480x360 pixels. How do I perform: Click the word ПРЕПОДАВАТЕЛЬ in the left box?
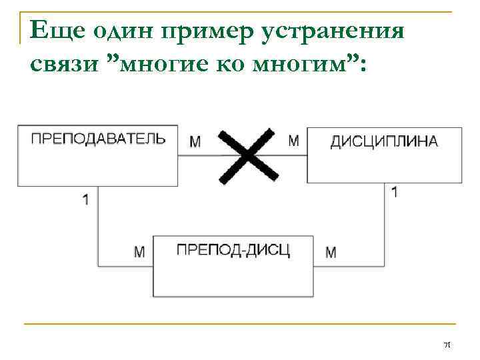(x=98, y=139)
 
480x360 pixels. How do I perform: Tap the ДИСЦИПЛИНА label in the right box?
(x=385, y=141)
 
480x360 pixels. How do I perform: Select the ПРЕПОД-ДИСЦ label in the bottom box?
(x=233, y=251)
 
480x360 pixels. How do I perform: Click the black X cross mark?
(x=248, y=155)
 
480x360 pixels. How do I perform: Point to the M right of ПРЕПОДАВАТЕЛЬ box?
(x=195, y=141)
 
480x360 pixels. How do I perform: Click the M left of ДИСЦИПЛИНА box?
(x=293, y=140)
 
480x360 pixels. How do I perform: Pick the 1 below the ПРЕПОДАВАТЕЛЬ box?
(x=85, y=199)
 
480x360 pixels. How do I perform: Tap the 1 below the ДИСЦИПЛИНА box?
(x=395, y=192)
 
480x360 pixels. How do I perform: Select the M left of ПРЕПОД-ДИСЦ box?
(x=139, y=252)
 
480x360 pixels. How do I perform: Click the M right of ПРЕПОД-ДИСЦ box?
(x=331, y=252)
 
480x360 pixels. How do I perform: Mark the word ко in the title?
(x=239, y=65)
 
